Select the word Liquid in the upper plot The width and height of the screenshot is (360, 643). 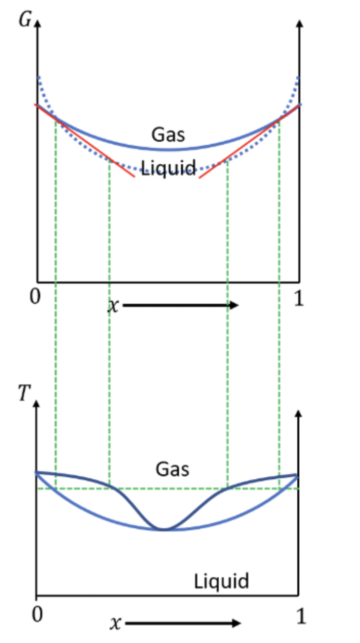pos(168,168)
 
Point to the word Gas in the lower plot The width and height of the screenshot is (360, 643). pos(172,469)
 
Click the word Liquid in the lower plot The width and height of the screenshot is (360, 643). pos(221,581)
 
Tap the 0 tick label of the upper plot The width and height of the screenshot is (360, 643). pos(34,297)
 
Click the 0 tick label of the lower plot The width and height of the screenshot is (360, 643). pos(36,615)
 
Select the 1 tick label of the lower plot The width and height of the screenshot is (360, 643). pos(301,616)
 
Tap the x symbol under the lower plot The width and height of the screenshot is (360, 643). pos(116,624)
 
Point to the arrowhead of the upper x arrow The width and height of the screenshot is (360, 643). pos(234,305)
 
